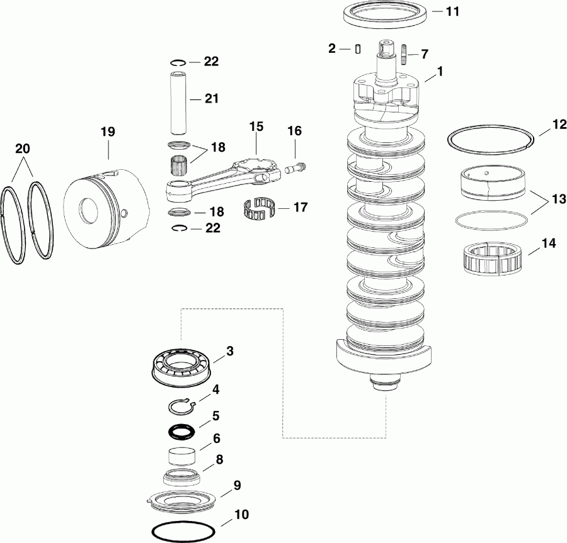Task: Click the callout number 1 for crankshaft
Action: (x=440, y=72)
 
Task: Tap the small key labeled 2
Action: (x=357, y=48)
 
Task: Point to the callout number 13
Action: (x=558, y=199)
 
